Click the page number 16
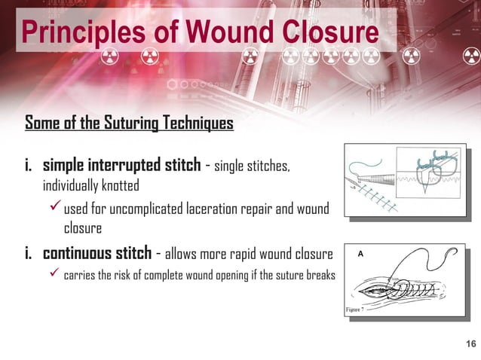471,344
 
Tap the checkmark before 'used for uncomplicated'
54,208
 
